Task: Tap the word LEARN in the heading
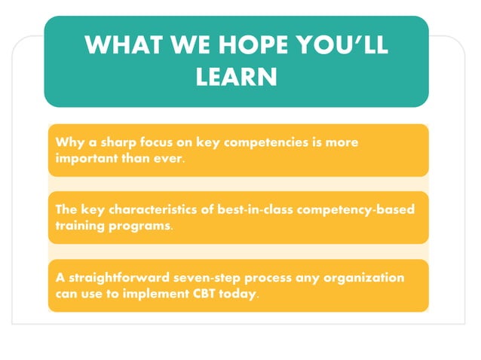pyautogui.click(x=236, y=76)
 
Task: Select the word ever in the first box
pyautogui.click(x=167, y=158)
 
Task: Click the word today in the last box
pyautogui.click(x=238, y=294)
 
